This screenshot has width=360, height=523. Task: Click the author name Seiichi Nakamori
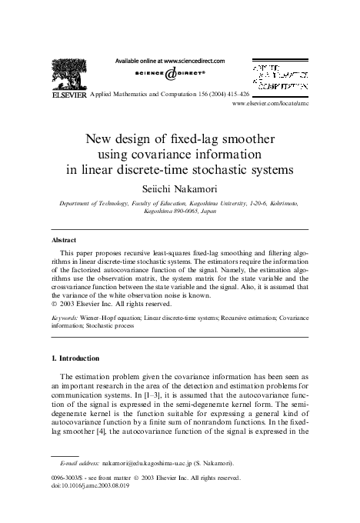(180, 186)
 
